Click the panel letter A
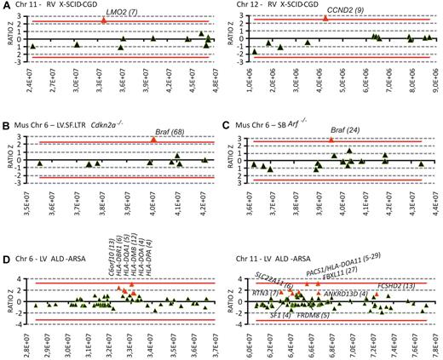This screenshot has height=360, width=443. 6,6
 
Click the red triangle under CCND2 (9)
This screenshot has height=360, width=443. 326,18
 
